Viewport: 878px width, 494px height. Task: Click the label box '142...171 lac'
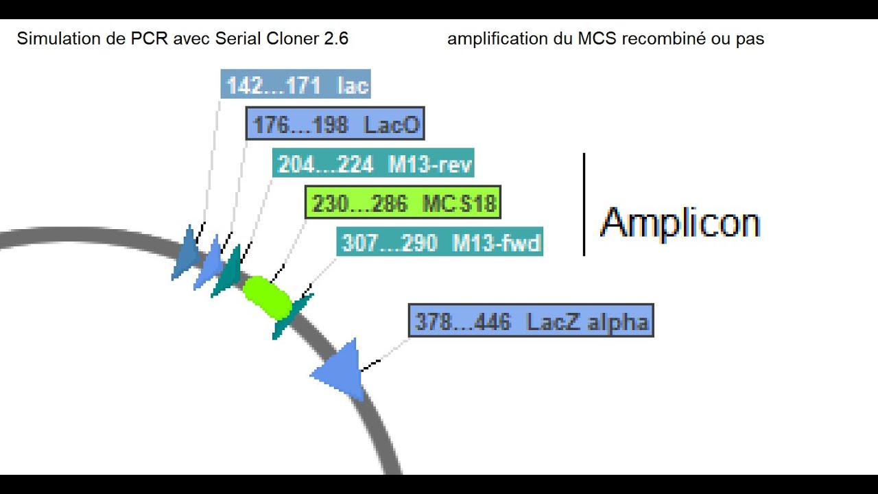coord(296,84)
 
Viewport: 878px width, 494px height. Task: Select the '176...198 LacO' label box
coord(335,124)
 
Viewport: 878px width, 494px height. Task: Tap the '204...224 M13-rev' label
coord(373,164)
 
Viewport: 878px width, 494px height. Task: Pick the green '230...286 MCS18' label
coord(403,203)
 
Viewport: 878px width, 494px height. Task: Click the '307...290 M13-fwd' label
coord(440,242)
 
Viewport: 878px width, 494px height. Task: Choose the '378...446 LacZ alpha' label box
coord(531,321)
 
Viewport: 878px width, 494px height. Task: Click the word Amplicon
coord(680,223)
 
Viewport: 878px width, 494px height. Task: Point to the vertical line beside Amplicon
coord(584,204)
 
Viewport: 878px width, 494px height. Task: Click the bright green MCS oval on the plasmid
coord(268,297)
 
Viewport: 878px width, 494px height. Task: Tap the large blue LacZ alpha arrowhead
coord(341,371)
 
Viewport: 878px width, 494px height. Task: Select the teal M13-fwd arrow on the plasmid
coord(291,316)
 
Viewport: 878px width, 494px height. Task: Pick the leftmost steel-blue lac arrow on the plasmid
coord(186,254)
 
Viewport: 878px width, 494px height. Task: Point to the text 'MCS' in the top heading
coord(599,39)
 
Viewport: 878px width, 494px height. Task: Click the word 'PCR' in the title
coord(145,39)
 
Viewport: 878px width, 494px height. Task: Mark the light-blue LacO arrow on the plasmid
coord(209,263)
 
